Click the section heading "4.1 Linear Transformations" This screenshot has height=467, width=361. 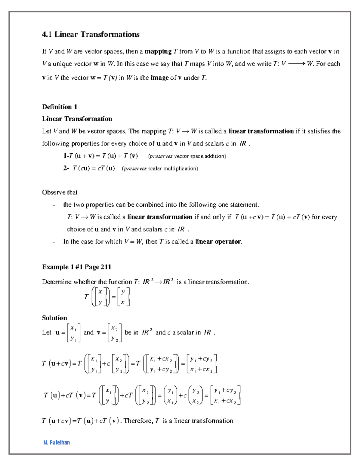tap(91, 35)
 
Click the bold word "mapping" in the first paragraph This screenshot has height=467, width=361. tap(158, 51)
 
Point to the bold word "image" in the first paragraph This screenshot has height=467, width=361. tap(159, 78)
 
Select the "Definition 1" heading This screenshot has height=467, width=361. tap(60, 107)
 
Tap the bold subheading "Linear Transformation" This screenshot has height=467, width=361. tap(77, 119)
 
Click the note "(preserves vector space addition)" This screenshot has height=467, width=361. tap(187, 156)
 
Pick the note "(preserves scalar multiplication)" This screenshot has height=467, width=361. tap(160, 168)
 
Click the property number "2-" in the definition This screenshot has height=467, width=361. tap(66, 168)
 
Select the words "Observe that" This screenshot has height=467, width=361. tap(60, 192)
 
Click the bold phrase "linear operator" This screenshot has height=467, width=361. tap(218, 241)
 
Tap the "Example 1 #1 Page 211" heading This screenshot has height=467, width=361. tap(76, 267)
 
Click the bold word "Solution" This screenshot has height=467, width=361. tap(54, 318)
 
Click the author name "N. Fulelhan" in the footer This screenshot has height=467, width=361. tap(57, 442)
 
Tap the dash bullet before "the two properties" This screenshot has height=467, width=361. tap(54, 205)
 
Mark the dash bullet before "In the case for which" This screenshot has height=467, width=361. tap(54, 242)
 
